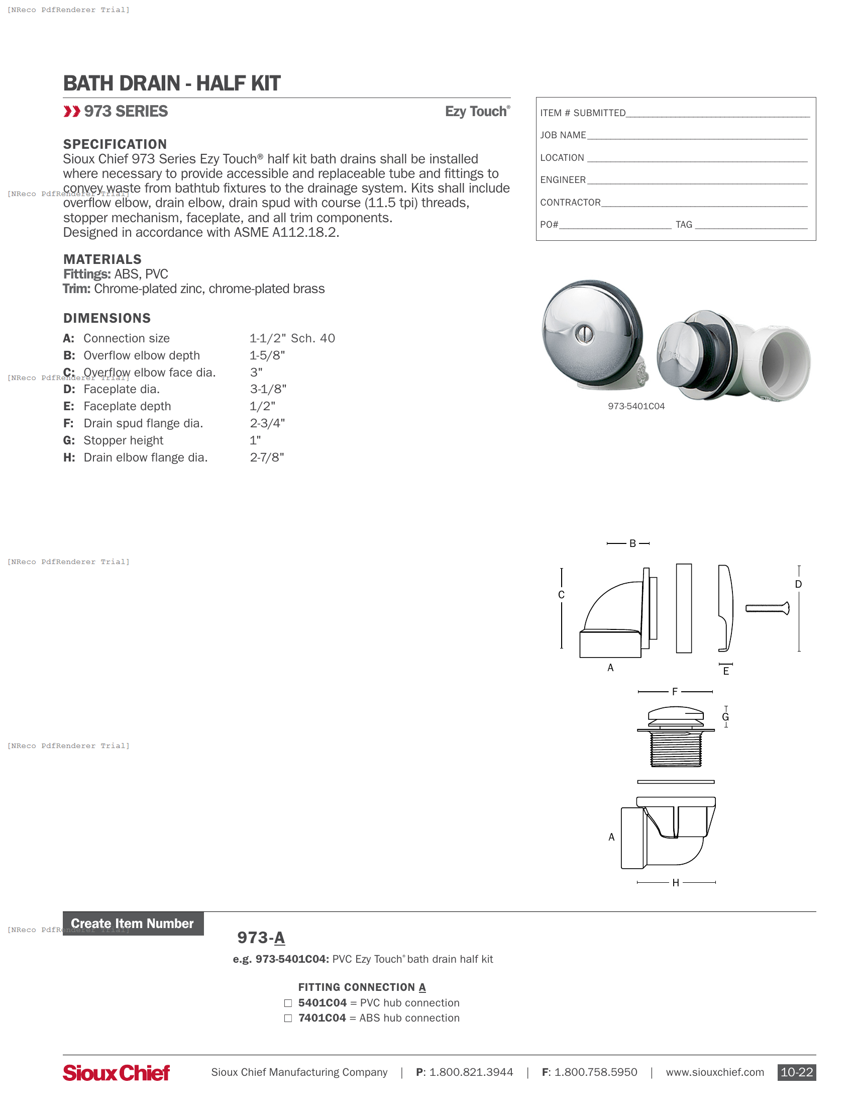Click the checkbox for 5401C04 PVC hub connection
point(288,1003)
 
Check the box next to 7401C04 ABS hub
point(288,1019)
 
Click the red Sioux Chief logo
point(116,1073)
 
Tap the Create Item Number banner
point(133,924)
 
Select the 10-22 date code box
point(796,1073)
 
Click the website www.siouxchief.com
point(714,1073)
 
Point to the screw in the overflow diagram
point(767,609)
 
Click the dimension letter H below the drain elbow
point(675,883)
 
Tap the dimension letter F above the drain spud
point(674,692)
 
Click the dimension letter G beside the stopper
point(725,717)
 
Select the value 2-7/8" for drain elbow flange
point(267,458)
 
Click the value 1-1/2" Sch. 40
point(292,338)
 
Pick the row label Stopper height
point(124,440)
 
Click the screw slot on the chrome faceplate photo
point(584,334)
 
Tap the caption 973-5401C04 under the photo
point(636,407)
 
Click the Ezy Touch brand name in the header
point(477,112)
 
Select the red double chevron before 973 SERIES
point(72,112)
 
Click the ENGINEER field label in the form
point(563,180)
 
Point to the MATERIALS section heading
point(102,260)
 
